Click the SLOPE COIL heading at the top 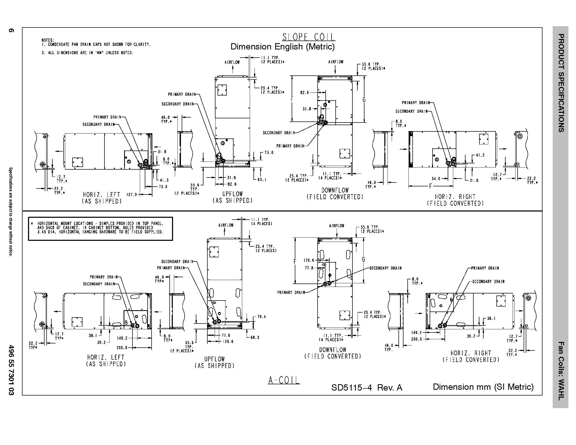[309, 37]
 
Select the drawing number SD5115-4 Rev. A [367, 387]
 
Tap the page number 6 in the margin [11, 31]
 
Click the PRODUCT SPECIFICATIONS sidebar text [561, 83]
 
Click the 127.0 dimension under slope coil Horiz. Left [132, 194]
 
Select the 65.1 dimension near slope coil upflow [262, 180]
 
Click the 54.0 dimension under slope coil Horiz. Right [436, 179]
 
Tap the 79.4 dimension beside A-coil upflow [261, 317]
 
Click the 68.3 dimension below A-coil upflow [255, 337]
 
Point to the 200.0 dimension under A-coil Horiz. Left [122, 348]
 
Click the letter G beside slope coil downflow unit [364, 100]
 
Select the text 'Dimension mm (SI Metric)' [483, 387]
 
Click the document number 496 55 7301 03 [11, 370]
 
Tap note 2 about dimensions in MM [87, 53]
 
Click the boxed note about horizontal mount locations [100, 228]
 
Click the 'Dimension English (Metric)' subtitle [283, 47]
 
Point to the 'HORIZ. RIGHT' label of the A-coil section [471, 353]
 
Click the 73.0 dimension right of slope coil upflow [269, 152]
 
